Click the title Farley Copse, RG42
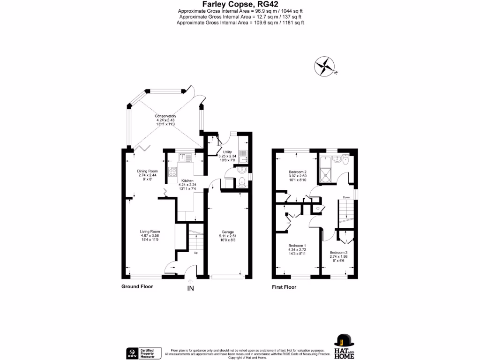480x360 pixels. (240, 4)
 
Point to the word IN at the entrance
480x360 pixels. (191, 289)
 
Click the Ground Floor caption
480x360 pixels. (137, 286)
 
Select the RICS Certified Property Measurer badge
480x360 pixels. (144, 353)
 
